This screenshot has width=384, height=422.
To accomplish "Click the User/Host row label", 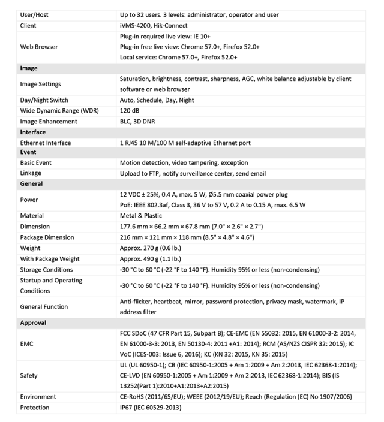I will click(36, 15).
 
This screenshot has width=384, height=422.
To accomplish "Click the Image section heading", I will click(29, 68).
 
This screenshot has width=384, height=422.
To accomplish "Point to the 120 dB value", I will click(129, 111).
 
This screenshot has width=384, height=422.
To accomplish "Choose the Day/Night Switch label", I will click(44, 100).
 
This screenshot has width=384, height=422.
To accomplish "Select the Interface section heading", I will click(33, 132).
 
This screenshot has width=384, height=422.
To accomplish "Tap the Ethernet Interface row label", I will click(46, 143).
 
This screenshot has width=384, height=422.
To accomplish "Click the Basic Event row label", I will click(36, 163).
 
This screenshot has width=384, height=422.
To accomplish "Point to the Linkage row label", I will click(31, 174).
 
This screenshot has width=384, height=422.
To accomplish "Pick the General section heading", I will click(31, 184).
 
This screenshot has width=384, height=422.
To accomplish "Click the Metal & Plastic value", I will click(141, 216).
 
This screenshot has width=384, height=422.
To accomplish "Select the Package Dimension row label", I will click(47, 237).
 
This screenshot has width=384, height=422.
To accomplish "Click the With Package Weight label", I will click(50, 259).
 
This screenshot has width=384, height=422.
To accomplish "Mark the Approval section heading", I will click(33, 323).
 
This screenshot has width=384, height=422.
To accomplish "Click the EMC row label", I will click(27, 345).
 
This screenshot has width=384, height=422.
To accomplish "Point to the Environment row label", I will click(38, 397).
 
